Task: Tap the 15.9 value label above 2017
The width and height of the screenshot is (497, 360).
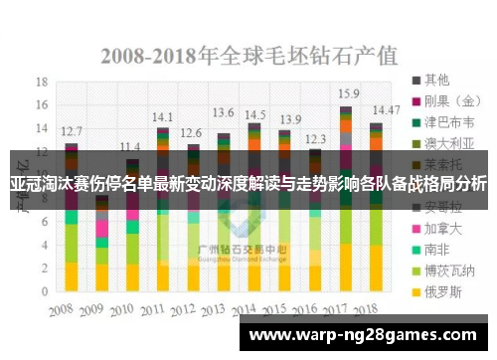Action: [x=348, y=92]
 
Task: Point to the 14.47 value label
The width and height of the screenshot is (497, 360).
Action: [x=387, y=109]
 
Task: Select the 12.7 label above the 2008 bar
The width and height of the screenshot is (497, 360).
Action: [x=72, y=130]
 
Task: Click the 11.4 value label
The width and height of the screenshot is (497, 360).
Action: [x=130, y=146]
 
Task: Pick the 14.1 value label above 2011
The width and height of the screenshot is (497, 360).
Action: [x=162, y=115]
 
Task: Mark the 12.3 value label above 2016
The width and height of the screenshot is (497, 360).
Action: [x=315, y=139]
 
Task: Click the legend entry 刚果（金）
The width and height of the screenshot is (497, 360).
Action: [x=448, y=100]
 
